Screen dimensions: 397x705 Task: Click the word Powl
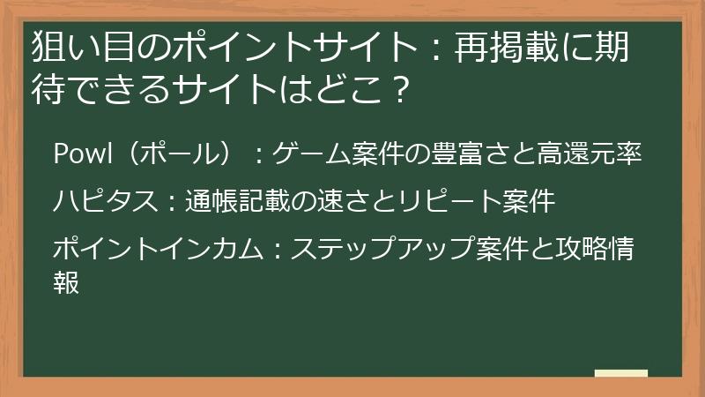81,154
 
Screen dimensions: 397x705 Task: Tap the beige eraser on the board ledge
621,373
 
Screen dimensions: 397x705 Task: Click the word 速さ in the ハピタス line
347,201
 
